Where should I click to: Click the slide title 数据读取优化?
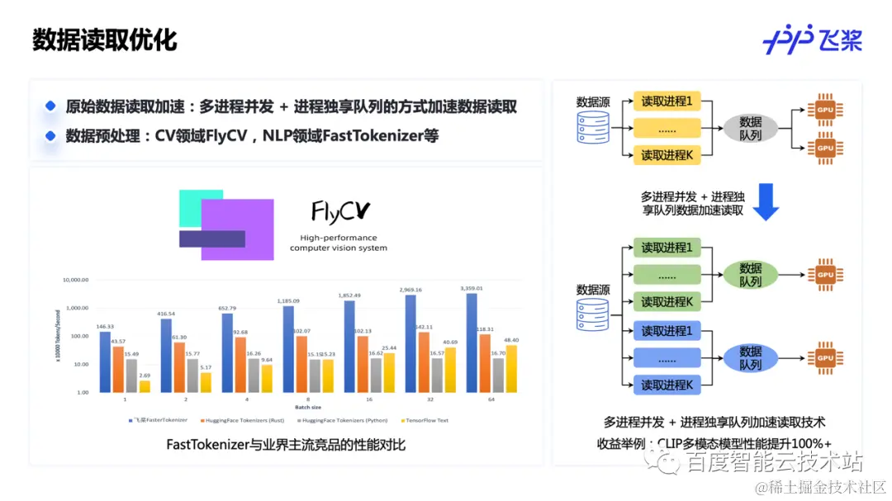[x=105, y=40]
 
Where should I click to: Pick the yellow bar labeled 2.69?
[x=145, y=385]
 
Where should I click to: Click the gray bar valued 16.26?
[x=254, y=375]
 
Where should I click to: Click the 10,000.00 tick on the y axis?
[x=75, y=280]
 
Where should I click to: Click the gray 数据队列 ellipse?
[x=751, y=128]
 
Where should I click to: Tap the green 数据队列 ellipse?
[x=751, y=274]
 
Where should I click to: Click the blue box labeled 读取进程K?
[x=667, y=385]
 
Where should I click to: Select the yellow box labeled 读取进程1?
[x=667, y=102]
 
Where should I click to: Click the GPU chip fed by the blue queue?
[x=823, y=357]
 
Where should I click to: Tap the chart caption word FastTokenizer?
[x=207, y=445]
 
